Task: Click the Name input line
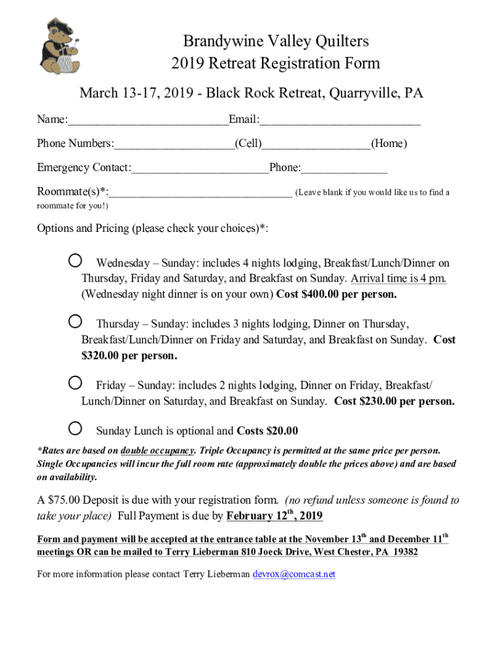[148, 121]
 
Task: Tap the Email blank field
[340, 121]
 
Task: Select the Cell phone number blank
[174, 144]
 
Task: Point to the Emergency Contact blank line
[200, 169]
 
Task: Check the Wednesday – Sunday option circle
[76, 261]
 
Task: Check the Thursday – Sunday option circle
[76, 321]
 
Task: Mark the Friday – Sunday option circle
[76, 382]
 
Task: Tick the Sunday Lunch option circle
[76, 429]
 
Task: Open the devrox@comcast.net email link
[294, 574]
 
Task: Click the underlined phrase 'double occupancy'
[157, 451]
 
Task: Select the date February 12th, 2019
[274, 516]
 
